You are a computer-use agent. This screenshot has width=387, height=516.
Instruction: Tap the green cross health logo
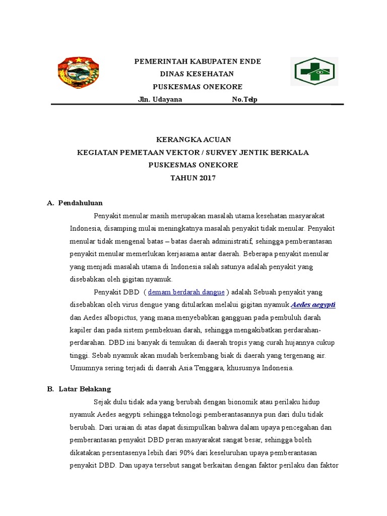pos(314,72)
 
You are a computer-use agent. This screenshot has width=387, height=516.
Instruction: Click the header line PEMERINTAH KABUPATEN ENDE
pos(197,61)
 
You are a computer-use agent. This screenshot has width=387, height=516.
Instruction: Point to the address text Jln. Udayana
pos(160,99)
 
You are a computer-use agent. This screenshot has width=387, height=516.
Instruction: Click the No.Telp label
pos(244,99)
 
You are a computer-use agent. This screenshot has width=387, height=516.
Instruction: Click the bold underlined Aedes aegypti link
pos(313,305)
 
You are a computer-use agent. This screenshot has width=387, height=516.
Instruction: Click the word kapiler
pos(80,330)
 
